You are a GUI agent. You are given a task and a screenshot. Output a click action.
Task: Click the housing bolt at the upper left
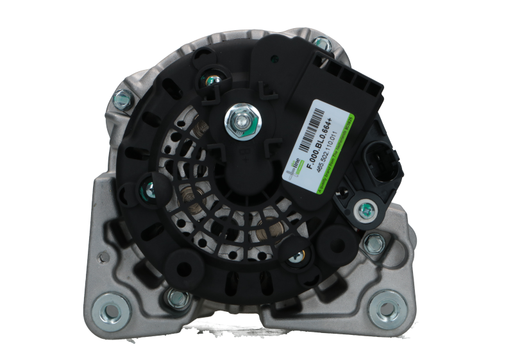[119, 98]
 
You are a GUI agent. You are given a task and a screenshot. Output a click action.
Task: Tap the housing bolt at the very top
[323, 44]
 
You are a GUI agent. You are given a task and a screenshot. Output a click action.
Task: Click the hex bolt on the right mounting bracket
[373, 243]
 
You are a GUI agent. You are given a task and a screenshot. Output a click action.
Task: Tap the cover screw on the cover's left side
[147, 188]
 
